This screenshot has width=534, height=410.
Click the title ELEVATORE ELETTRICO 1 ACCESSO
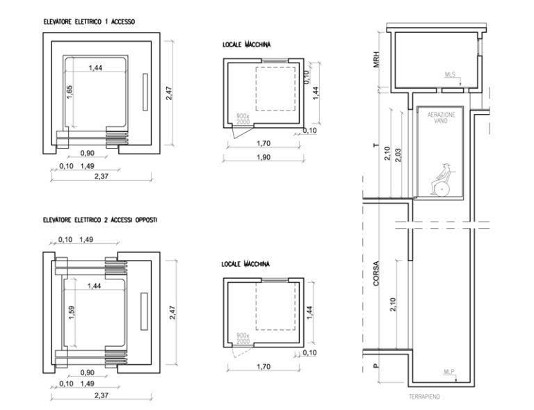(x=88, y=22)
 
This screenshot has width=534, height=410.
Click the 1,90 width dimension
(x=264, y=156)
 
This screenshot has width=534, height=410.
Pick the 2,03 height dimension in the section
(x=397, y=156)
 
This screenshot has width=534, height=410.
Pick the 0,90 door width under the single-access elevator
(x=87, y=153)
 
